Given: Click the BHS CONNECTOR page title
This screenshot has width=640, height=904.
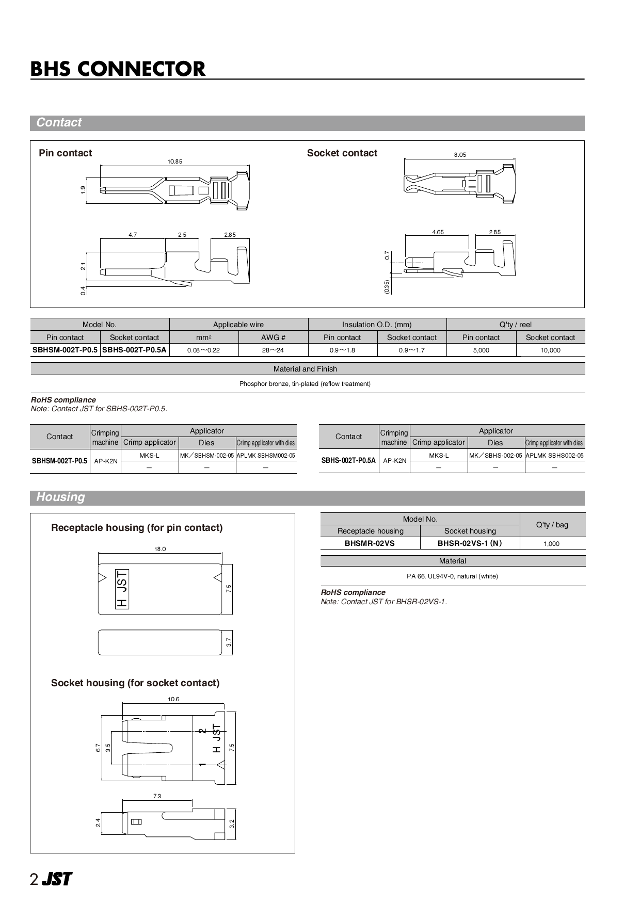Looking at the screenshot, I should point(118,69).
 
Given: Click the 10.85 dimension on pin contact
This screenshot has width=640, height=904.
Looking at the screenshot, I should point(174,162).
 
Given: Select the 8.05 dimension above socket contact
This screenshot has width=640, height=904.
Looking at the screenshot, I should point(459,155).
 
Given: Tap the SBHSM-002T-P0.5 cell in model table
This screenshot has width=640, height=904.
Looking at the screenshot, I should point(65,350).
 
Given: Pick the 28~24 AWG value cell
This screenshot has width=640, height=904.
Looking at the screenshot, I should point(273,350).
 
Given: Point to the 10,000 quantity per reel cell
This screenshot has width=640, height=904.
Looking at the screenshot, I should point(550,350).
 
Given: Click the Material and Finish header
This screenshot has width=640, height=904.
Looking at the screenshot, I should point(305,369).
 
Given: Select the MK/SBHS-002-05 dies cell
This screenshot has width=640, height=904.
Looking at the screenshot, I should point(495,456).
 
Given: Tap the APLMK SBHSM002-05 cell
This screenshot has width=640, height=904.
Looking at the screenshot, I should point(266,456).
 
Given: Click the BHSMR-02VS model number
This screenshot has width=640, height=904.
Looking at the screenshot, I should point(370,543).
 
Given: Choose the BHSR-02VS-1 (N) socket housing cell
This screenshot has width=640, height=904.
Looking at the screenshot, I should point(470,543).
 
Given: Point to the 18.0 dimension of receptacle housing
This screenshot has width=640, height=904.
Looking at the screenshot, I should point(160,549).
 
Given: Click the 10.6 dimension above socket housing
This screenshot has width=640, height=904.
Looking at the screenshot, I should point(173,699).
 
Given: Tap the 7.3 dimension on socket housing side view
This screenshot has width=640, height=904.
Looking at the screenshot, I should point(157,796).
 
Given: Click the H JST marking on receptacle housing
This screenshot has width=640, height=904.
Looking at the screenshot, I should point(122,589).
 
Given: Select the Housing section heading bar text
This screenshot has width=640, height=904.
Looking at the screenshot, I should point(60,497).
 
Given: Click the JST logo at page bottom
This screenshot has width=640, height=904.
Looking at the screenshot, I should point(56,879).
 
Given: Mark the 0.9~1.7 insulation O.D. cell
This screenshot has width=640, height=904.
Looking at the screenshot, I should point(411,350).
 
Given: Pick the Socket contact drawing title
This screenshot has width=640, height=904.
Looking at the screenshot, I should point(342,153).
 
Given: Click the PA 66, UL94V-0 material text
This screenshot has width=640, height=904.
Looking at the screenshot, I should point(452,576).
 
